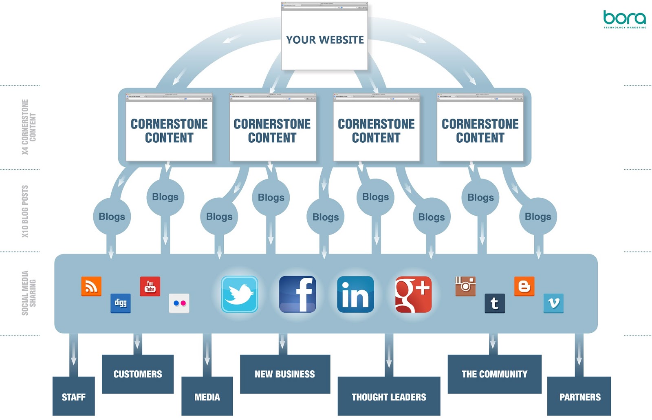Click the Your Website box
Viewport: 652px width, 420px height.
(324, 40)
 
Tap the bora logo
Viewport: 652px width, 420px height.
(624, 19)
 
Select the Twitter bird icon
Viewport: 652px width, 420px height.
(240, 294)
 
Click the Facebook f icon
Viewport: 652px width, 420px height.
(297, 294)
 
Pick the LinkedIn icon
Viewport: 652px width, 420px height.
(355, 294)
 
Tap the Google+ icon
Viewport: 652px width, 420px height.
(413, 294)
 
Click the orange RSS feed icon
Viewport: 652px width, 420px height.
(91, 286)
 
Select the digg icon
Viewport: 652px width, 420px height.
(121, 303)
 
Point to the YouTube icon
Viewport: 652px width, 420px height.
(150, 286)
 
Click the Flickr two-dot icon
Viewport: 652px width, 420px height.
(179, 303)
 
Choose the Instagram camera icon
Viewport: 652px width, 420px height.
(465, 286)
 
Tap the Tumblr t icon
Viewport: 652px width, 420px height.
(495, 303)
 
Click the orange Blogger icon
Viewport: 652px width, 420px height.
(524, 286)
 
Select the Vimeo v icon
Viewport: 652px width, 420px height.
(553, 303)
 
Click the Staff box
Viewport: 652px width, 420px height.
(74, 396)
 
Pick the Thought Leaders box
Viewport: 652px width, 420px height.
(389, 396)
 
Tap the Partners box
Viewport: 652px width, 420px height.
(579, 396)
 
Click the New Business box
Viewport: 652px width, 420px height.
(285, 374)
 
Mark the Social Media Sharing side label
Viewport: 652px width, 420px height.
(29, 293)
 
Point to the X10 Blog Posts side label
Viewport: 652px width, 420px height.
(25, 211)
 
